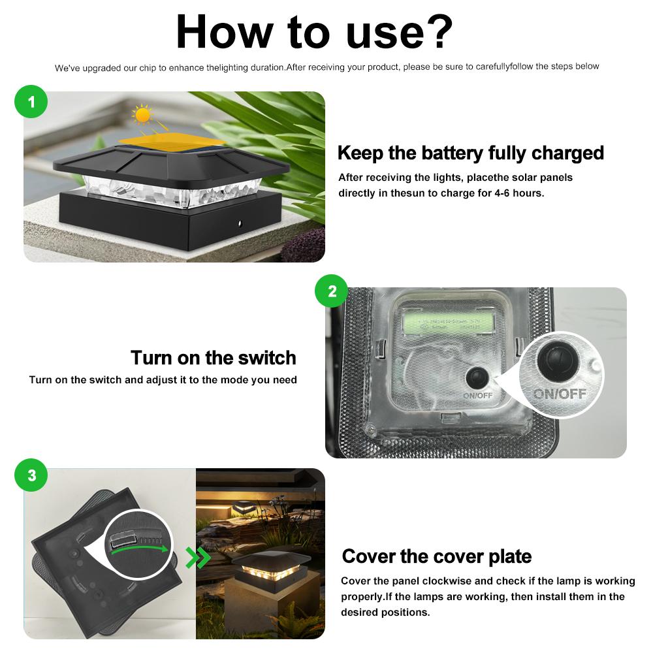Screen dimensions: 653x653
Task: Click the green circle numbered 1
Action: point(31,102)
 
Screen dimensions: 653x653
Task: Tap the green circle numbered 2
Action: point(332,291)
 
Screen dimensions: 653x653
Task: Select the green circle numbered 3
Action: point(31,476)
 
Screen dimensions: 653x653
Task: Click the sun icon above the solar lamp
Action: point(142,117)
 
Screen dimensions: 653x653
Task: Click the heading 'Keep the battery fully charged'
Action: point(470,153)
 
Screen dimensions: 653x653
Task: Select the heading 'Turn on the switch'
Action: point(213,358)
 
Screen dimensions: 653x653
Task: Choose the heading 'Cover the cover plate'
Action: point(436,556)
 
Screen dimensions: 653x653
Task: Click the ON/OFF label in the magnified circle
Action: point(559,394)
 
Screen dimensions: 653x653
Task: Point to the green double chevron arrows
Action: point(198,557)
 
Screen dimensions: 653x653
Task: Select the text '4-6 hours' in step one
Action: point(518,193)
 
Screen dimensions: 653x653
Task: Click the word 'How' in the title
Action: point(225,31)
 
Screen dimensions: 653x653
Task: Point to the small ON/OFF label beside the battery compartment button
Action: point(477,395)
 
